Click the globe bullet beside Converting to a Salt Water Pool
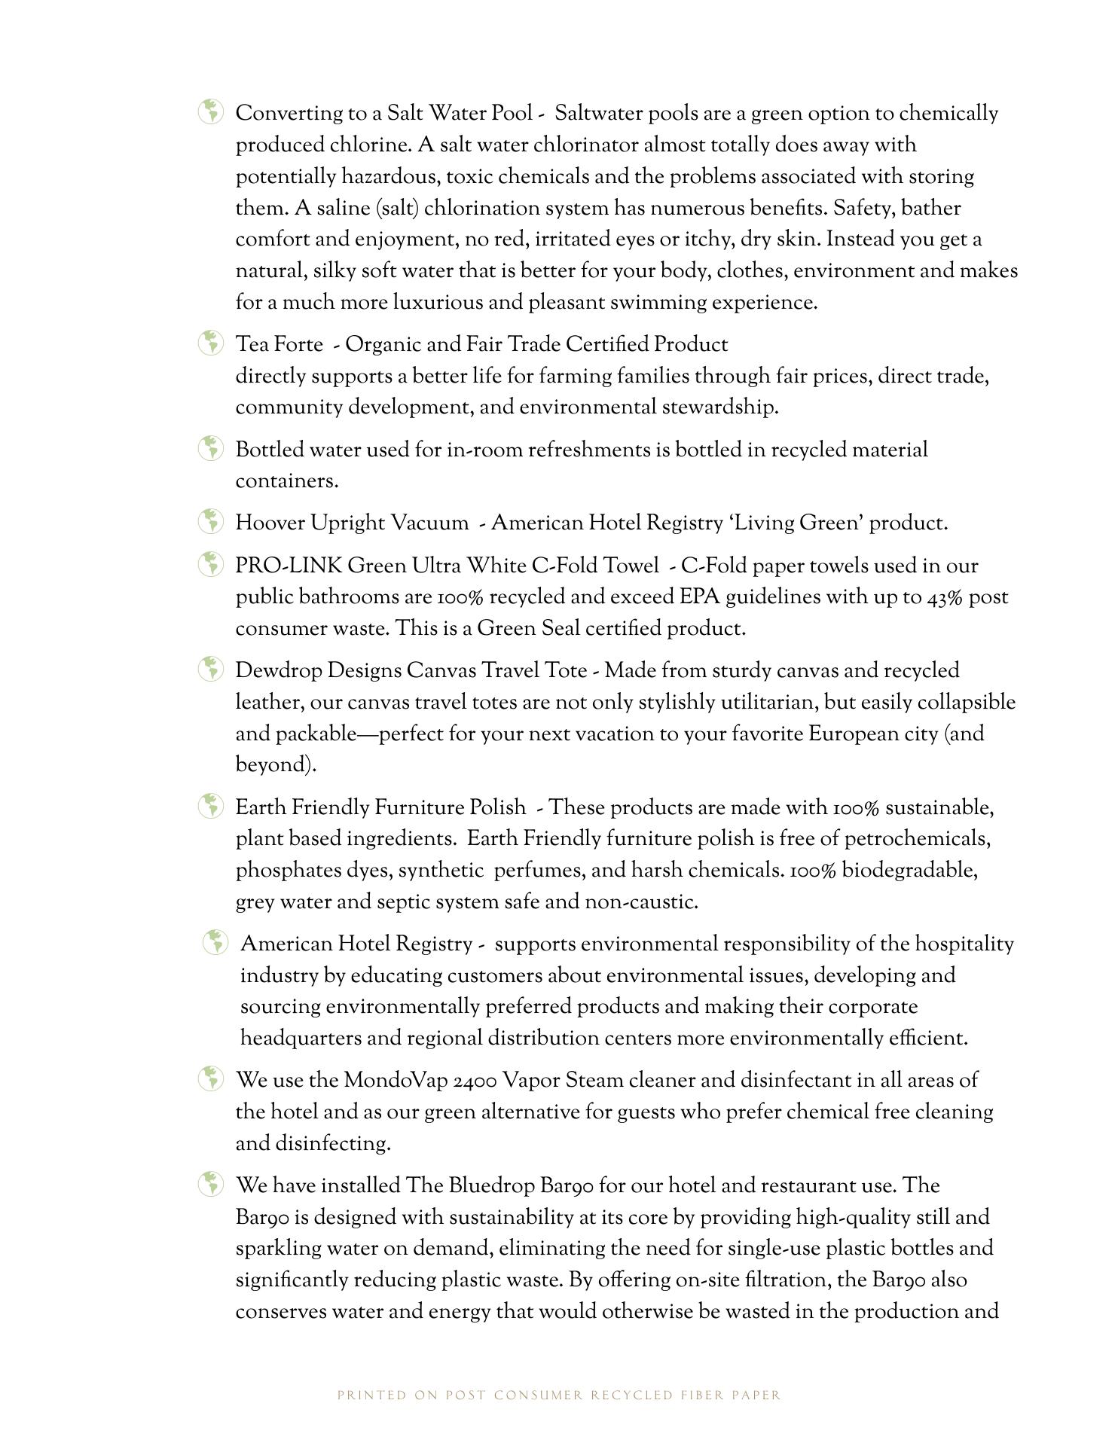(x=211, y=112)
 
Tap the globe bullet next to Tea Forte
(x=211, y=343)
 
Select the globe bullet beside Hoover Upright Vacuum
(x=211, y=521)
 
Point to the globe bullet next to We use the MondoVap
(x=211, y=1078)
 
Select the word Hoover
(x=270, y=523)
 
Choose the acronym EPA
(x=699, y=597)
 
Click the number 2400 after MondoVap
(x=475, y=1081)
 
